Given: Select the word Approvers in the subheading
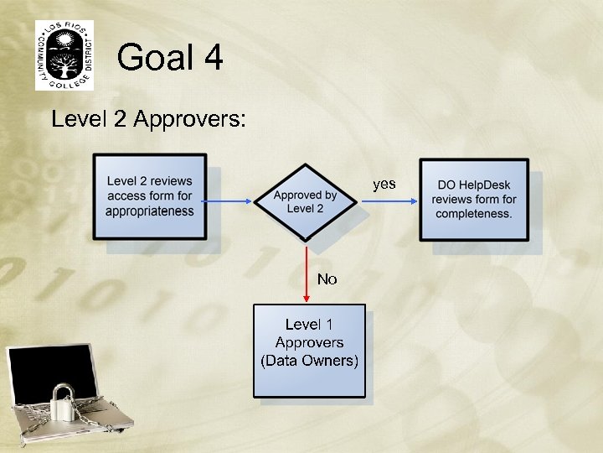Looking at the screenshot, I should coord(189,120).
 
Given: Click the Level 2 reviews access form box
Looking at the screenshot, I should coord(150,196).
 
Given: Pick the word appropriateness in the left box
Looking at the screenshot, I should coord(150,211).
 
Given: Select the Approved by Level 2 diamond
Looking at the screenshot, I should coord(306,201).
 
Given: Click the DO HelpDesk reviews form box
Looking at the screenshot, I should coord(474,200).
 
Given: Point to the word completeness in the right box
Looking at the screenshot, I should coord(474,214).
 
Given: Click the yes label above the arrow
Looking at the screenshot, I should coord(384,184).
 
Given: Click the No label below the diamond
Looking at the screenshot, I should coord(327,279).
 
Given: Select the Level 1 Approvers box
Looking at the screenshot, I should coord(309,350).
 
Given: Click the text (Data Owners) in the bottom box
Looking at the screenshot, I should coord(309,362).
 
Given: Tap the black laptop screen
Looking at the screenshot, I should coord(50,373).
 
